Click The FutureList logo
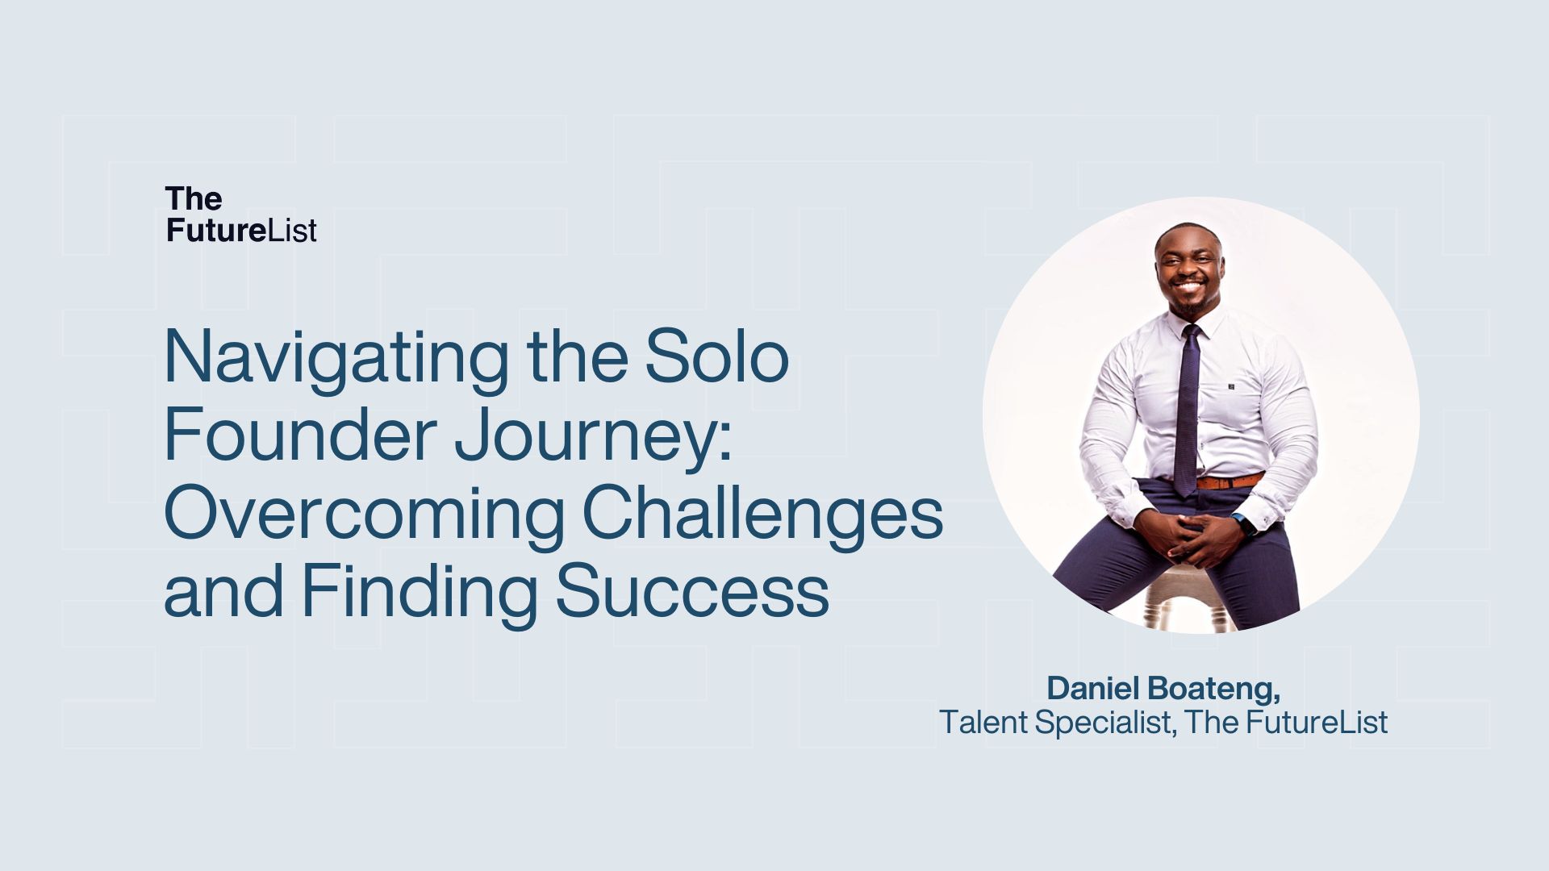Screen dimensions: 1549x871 [240, 214]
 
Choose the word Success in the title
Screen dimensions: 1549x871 [692, 593]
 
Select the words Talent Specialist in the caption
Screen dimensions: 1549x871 [1054, 722]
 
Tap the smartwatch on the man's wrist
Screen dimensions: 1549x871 [1246, 525]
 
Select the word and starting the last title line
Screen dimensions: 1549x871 [223, 593]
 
